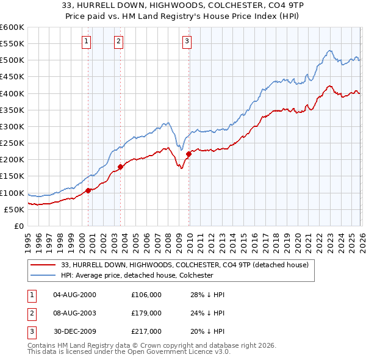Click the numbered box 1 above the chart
coord(86,41)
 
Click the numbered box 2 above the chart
coord(118,41)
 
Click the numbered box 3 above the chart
coord(186,41)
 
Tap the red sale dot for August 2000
coord(88,190)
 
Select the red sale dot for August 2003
coord(121,166)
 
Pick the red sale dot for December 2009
coord(189,154)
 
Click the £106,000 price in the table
coord(146,294)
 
